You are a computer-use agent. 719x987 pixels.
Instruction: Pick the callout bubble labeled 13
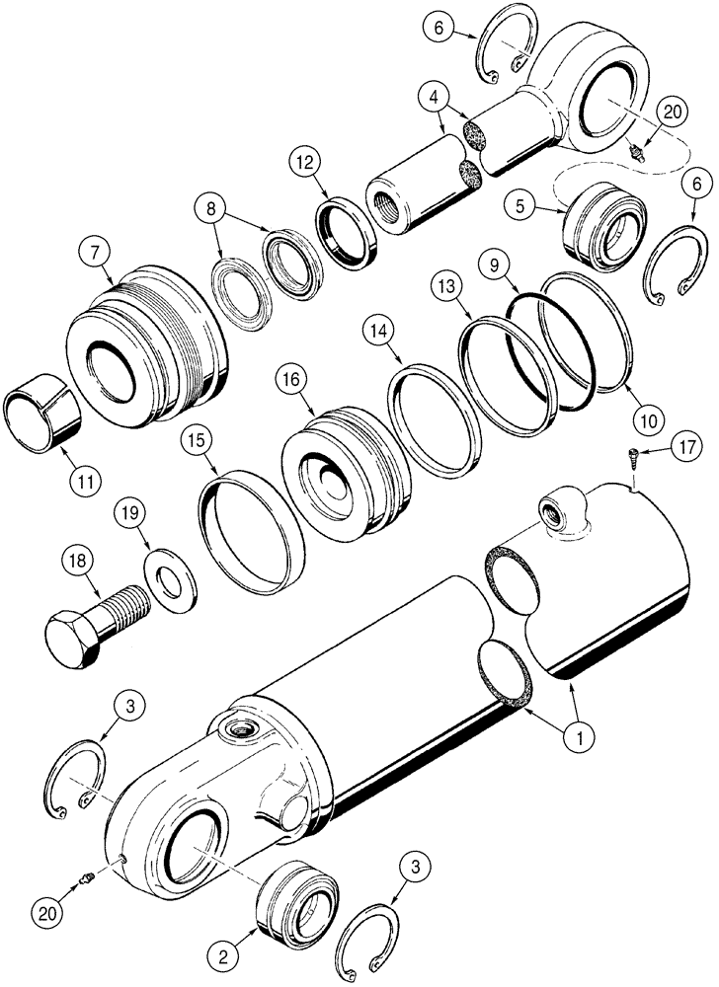[446, 286]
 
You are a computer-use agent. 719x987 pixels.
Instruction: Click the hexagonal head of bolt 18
[73, 627]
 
